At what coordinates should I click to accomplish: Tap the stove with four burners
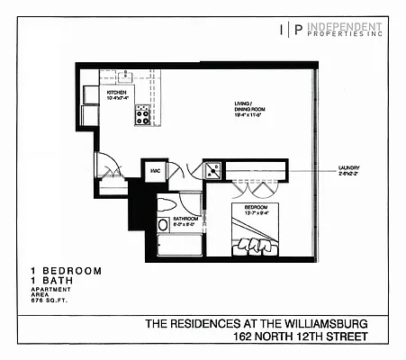142,114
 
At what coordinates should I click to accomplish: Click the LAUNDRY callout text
350,168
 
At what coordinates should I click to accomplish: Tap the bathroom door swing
190,200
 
